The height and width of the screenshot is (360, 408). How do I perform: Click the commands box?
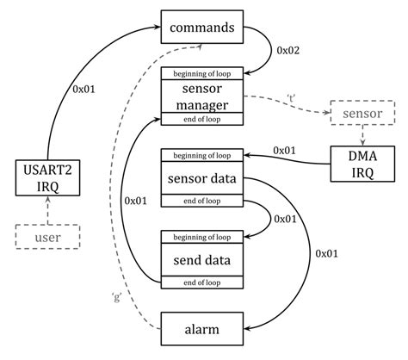tap(202, 27)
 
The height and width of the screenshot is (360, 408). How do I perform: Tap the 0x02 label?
tap(289, 51)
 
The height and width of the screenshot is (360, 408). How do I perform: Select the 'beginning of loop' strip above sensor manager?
tap(202, 73)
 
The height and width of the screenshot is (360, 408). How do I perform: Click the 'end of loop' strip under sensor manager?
tap(202, 121)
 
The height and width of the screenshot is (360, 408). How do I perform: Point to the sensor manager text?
tap(202, 96)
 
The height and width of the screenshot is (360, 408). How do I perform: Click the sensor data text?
tap(202, 179)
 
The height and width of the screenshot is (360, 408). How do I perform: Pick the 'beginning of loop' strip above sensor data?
tap(202, 156)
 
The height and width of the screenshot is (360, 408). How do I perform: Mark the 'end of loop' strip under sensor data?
tap(202, 202)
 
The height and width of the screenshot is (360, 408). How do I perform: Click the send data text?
tap(202, 258)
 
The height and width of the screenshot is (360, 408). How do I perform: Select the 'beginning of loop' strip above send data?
tap(202, 235)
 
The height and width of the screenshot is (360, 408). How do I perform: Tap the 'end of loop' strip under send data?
tap(202, 280)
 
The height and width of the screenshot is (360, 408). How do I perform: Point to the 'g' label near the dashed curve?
tap(115, 297)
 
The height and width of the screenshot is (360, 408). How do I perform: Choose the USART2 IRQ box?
tap(47, 177)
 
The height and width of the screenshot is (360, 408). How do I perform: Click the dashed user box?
tap(47, 234)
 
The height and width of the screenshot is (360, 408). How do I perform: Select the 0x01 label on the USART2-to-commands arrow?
tap(83, 88)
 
